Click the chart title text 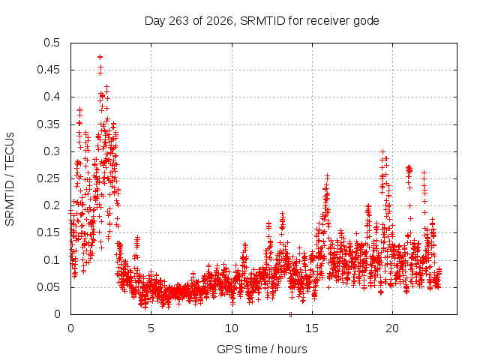click(x=262, y=21)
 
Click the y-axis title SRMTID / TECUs click(x=10, y=179)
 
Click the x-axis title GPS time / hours click(x=262, y=349)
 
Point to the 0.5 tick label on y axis click(x=52, y=43)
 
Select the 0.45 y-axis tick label click(x=48, y=70)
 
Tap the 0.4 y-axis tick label click(x=52, y=97)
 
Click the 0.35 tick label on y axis click(x=48, y=124)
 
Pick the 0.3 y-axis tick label click(x=52, y=151)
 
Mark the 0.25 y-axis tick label click(x=48, y=178)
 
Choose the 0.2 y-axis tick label click(x=52, y=205)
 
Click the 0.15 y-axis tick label click(x=48, y=232)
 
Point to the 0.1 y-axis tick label click(x=52, y=260)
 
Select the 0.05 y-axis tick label click(x=48, y=287)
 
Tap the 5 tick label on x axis click(x=151, y=328)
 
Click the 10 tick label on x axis click(x=232, y=328)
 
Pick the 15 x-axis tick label click(x=312, y=328)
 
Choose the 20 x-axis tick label click(x=392, y=328)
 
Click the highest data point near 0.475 click(x=100, y=57)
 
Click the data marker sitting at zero click(x=290, y=314)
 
